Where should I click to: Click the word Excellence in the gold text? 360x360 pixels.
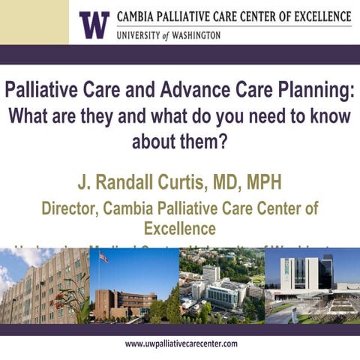click(181, 227)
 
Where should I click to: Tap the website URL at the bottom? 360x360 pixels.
click(181, 343)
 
